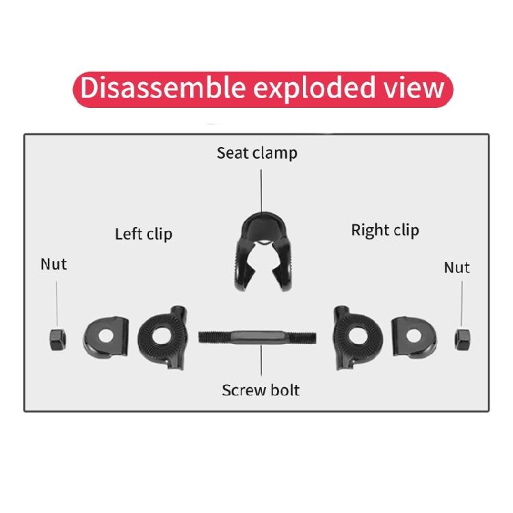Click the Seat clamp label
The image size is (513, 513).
[x=256, y=153]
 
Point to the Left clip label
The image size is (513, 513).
[x=143, y=234]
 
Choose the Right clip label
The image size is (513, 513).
[x=384, y=230]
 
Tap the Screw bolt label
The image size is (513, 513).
[x=260, y=390]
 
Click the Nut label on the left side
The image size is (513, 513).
[x=54, y=263]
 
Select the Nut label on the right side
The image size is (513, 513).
[x=456, y=267]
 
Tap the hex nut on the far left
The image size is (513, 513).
[x=57, y=338]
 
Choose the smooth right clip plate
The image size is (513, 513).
[x=413, y=334]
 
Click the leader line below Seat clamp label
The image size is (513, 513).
[x=261, y=189]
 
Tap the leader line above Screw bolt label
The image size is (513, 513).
[x=261, y=362]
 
